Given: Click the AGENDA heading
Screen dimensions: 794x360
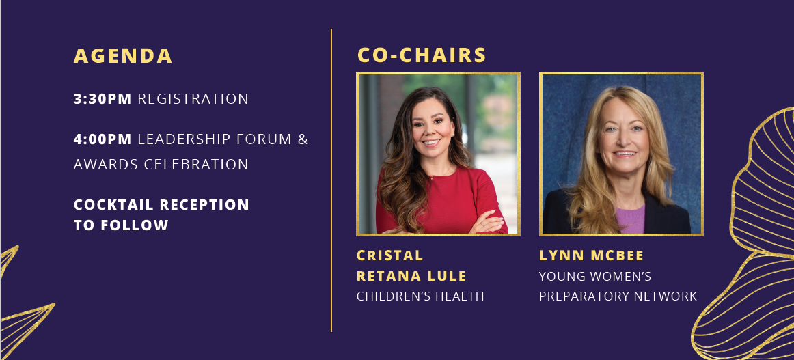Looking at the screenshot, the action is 123,56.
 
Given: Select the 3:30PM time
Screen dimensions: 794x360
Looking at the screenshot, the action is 102,99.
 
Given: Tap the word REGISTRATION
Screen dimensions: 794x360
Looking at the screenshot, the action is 193,99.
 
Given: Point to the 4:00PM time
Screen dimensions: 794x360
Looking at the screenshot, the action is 102,139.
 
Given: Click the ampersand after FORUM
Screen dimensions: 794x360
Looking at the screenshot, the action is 303,139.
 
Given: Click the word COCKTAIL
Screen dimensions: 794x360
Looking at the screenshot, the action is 114,205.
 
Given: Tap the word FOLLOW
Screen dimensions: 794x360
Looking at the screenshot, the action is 134,225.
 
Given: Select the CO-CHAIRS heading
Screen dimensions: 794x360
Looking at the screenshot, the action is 422,56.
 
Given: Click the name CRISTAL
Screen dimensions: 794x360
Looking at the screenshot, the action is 390,255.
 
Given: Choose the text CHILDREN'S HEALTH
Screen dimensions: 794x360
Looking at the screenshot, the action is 420,296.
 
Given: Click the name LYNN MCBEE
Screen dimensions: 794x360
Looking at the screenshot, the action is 592,255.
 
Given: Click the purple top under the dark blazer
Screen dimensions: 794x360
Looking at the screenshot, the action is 630,219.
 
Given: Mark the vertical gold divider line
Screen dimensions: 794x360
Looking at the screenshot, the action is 331,180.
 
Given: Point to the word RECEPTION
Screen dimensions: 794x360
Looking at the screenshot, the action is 204,205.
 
